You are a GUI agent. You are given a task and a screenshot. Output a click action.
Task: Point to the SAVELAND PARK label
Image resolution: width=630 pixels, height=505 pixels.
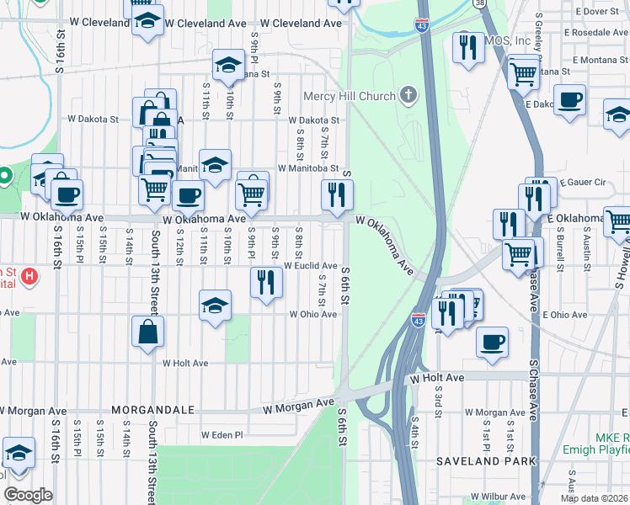pos(486,461)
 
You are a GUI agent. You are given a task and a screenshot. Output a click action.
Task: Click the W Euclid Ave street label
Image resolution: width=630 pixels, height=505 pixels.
pos(311,266)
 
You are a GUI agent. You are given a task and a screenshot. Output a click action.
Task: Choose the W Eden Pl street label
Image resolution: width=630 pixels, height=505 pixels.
pos(222,435)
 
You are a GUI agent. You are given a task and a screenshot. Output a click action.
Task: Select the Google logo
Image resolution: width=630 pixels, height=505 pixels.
pos(28,495)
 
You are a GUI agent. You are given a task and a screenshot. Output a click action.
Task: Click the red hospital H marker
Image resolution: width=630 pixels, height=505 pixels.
pos(29,275)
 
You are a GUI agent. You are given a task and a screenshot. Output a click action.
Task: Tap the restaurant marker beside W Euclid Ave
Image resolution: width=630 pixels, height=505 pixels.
pos(266,282)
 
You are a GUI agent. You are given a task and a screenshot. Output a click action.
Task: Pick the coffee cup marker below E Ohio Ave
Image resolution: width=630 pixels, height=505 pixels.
pos(493,342)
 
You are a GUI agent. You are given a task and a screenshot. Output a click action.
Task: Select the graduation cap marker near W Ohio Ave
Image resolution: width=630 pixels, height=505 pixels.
pos(216,305)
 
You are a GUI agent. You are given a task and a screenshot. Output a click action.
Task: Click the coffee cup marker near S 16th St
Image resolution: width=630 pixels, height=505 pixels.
pos(67,194)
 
